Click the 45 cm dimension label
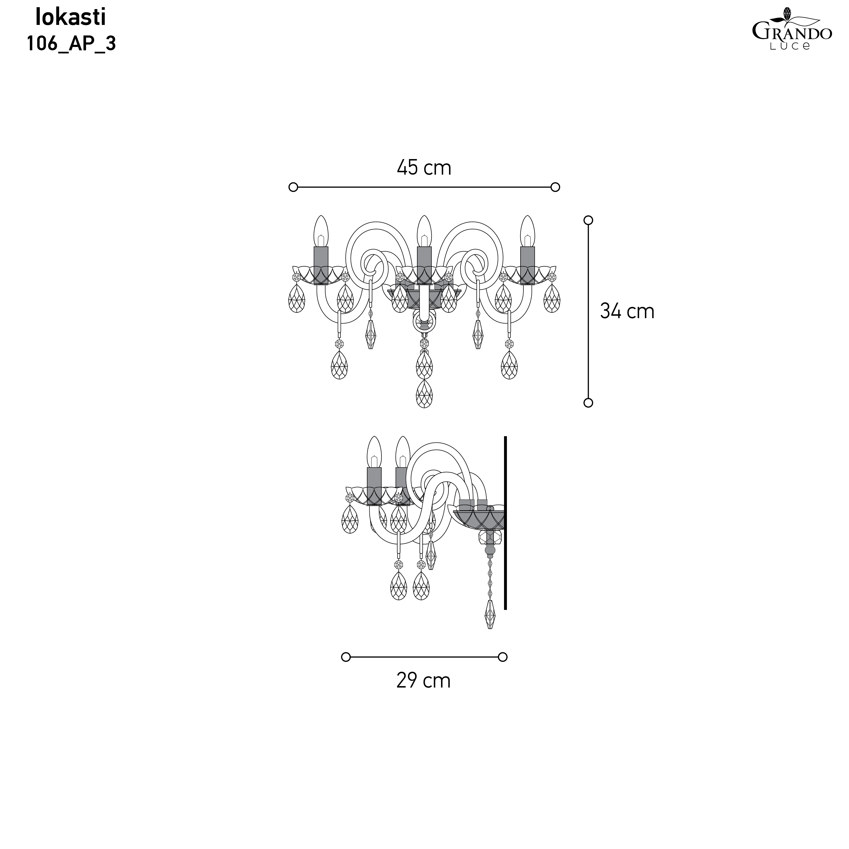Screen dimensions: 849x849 [x=424, y=168]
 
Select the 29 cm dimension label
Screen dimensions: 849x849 [x=424, y=681]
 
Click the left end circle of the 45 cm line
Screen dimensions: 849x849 [x=293, y=187]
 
